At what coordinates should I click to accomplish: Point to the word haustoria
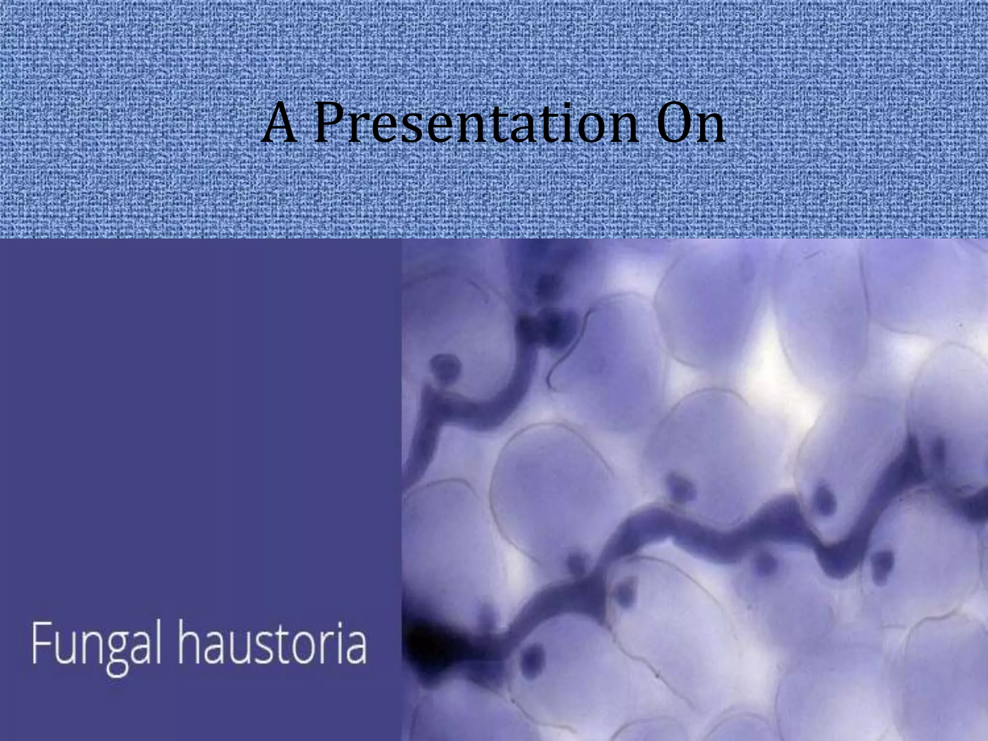tap(273, 644)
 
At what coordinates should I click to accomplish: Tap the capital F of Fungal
tap(41, 643)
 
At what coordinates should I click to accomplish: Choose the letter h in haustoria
tap(190, 643)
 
